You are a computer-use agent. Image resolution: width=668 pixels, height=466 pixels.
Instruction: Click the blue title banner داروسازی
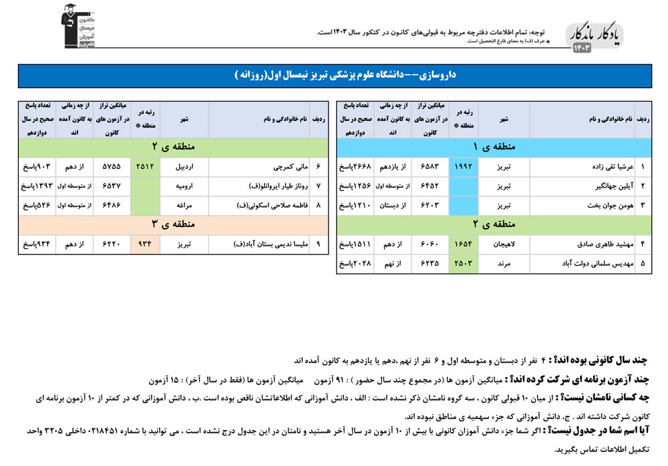pyautogui.click(x=334, y=75)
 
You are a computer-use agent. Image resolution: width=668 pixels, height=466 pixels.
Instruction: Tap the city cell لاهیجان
pyautogui.click(x=504, y=244)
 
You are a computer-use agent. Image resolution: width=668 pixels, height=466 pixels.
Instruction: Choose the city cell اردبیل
pyautogui.click(x=184, y=166)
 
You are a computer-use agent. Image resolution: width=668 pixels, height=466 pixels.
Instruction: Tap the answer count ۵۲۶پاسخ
pyautogui.click(x=35, y=205)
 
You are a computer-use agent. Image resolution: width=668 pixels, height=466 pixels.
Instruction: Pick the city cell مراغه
pyautogui.click(x=185, y=205)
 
